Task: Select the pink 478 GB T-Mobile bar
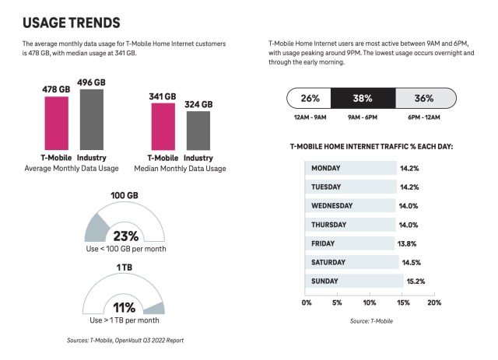click(x=55, y=124)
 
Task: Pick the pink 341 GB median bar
click(x=163, y=128)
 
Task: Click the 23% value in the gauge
click(x=125, y=235)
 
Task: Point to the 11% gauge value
click(x=125, y=307)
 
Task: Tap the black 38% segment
click(x=363, y=99)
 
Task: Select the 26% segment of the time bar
click(x=310, y=99)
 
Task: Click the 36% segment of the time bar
click(x=424, y=99)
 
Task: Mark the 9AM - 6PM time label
click(x=363, y=117)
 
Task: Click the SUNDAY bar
click(x=354, y=281)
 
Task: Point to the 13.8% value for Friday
click(x=408, y=243)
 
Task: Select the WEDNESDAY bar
click(x=351, y=206)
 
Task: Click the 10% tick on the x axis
click(x=370, y=302)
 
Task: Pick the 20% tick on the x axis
click(x=434, y=302)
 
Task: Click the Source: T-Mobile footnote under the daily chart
click(x=370, y=321)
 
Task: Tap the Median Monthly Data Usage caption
click(x=180, y=169)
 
